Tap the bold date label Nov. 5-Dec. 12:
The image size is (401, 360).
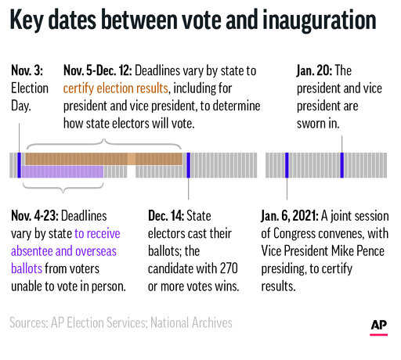[105, 70]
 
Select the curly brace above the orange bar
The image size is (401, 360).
[102, 144]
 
